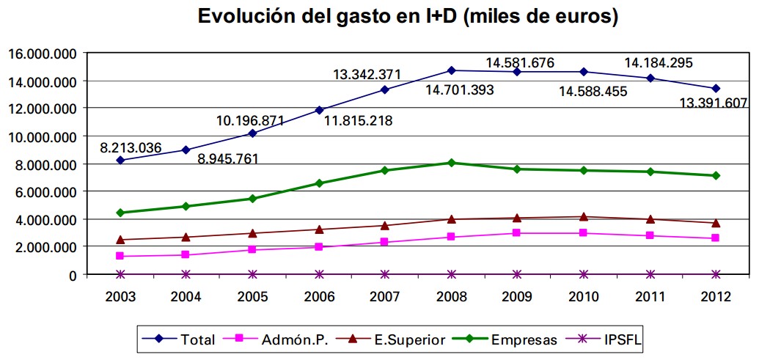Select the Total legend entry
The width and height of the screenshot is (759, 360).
(x=183, y=339)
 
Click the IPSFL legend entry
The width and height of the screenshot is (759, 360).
(x=609, y=339)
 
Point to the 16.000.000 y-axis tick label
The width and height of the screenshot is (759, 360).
(x=42, y=54)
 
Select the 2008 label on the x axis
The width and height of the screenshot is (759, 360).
(x=451, y=296)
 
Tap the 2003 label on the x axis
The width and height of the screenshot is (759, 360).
(x=120, y=296)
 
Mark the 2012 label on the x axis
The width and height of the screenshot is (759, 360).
(x=716, y=296)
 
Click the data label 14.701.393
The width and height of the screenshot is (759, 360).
(x=460, y=90)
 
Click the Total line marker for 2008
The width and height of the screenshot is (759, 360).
(x=451, y=70)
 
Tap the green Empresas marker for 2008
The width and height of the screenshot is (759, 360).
(x=451, y=163)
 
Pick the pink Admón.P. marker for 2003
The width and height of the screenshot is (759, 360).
(x=120, y=256)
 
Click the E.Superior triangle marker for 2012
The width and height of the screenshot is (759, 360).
(x=716, y=223)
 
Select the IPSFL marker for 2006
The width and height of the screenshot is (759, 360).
(x=319, y=274)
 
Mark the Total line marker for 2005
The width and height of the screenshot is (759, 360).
(x=253, y=133)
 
